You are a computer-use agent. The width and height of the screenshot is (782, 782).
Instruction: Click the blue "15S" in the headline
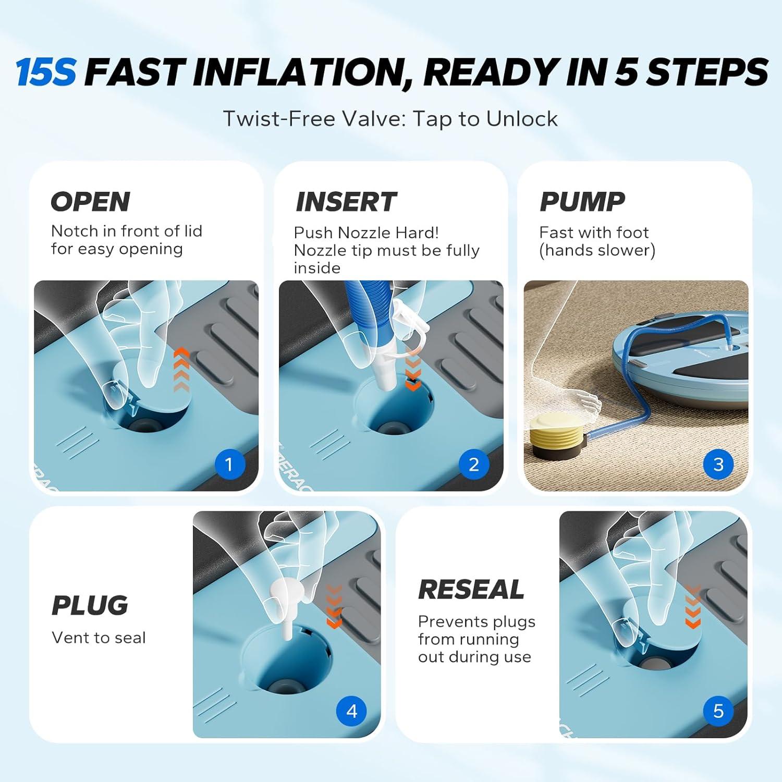(46, 72)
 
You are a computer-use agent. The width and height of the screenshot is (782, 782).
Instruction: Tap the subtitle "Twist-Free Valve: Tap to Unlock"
(390, 119)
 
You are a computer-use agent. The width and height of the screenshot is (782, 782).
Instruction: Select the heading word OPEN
(90, 202)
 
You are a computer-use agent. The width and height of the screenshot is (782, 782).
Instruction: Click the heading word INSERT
(346, 202)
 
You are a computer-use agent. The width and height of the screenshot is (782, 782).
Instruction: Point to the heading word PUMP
(582, 202)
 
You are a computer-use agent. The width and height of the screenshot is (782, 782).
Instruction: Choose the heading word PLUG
(90, 605)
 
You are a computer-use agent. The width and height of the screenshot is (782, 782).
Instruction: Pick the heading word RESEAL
(471, 590)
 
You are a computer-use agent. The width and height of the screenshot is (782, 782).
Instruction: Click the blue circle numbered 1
(229, 464)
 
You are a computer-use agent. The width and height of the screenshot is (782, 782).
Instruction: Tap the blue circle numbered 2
(474, 464)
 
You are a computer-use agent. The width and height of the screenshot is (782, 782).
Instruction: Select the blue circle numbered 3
(718, 464)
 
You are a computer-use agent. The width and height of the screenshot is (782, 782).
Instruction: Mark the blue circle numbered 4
(352, 711)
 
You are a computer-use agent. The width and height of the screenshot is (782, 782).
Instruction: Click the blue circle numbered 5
(718, 711)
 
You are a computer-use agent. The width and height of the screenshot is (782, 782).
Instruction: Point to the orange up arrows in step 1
(181, 370)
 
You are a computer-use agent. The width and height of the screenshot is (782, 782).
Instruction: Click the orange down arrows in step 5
(692, 607)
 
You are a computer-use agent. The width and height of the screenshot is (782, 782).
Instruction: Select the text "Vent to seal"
(99, 638)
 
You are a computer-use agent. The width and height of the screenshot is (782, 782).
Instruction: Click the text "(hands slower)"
(597, 250)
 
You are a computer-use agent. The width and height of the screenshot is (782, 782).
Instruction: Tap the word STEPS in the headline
(707, 72)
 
